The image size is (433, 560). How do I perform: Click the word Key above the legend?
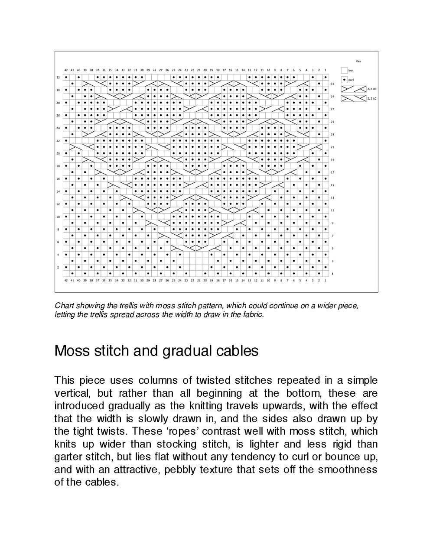tap(358, 62)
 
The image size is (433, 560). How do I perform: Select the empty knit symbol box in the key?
tap(344, 70)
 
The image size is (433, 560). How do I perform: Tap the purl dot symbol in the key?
tap(344, 80)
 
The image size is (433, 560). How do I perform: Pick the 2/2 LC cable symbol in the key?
tap(354, 98)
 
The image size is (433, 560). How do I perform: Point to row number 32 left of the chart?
tap(58, 78)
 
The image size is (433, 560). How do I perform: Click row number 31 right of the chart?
tap(332, 84)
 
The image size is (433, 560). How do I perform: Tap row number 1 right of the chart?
tap(332, 274)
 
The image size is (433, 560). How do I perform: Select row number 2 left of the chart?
tap(58, 267)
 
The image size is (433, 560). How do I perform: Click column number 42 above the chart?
tap(66, 70)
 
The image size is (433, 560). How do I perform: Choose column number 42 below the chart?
tap(66, 281)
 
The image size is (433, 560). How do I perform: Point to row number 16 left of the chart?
tap(58, 179)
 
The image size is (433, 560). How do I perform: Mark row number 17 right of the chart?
tap(332, 172)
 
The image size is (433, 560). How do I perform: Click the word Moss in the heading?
tap(71, 350)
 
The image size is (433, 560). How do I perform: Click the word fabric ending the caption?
tap(252, 314)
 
